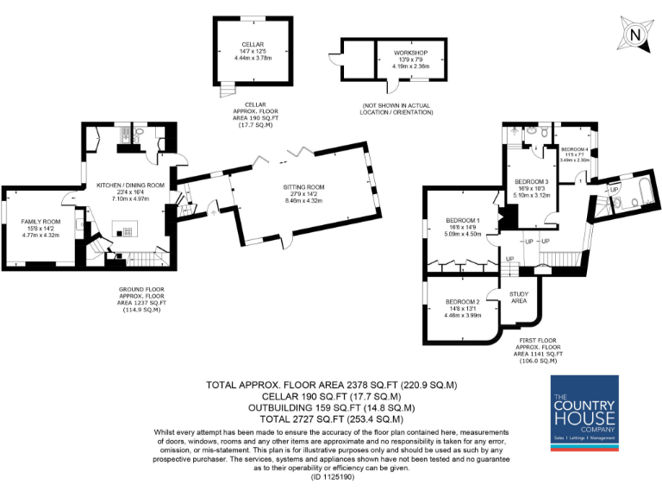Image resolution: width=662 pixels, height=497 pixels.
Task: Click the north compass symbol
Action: pos(634,35)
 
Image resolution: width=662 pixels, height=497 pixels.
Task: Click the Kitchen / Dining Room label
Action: pos(130,186)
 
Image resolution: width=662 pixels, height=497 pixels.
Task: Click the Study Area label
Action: pos(519,298)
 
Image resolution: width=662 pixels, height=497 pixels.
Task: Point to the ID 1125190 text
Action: pos(331,475)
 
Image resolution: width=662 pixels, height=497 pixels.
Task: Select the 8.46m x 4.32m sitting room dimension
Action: pos(303,200)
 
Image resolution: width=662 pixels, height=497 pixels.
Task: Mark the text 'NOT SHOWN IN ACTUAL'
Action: pos(397,106)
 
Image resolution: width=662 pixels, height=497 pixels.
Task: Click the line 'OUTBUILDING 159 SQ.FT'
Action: pos(331,407)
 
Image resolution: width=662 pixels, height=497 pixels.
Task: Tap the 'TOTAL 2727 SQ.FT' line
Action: pos(331,418)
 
